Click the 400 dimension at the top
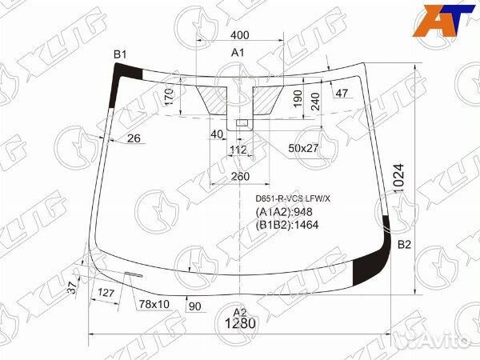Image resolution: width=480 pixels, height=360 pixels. pyautogui.click(x=238, y=37)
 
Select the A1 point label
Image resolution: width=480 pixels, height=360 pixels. pyautogui.click(x=238, y=53)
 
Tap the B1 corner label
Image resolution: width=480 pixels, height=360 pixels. pyautogui.click(x=120, y=54)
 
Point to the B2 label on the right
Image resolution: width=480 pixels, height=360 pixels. pyautogui.click(x=404, y=244)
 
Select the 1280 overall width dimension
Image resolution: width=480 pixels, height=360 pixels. pyautogui.click(x=238, y=324)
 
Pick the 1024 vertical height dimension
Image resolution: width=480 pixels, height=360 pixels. pyautogui.click(x=399, y=177)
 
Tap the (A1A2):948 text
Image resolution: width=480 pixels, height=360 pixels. pyautogui.click(x=282, y=211)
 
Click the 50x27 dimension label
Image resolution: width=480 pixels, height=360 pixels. pyautogui.click(x=303, y=149)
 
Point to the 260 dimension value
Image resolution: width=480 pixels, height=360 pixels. pyautogui.click(x=239, y=177)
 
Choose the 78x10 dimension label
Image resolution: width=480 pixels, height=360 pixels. pyautogui.click(x=154, y=304)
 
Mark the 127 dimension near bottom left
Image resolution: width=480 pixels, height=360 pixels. pyautogui.click(x=104, y=293)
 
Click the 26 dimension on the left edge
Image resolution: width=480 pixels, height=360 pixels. pyautogui.click(x=134, y=138)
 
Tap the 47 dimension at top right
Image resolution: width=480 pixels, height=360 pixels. pyautogui.click(x=342, y=94)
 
